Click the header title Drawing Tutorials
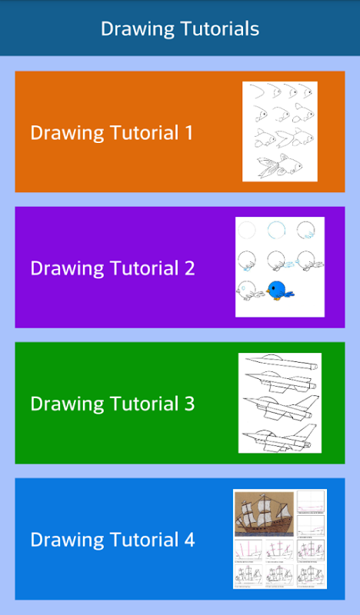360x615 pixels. [180, 28]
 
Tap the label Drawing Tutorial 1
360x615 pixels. [112, 132]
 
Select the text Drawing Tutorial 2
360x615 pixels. [112, 268]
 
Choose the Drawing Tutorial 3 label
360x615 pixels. [112, 404]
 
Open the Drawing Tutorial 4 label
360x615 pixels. [112, 540]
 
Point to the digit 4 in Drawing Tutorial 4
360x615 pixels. [189, 540]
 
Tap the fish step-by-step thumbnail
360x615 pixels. [279, 131]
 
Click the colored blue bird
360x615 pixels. [279, 291]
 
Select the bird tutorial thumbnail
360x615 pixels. [279, 267]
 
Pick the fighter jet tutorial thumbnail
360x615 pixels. [279, 403]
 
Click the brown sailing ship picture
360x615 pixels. [264, 514]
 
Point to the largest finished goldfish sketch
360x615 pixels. [280, 167]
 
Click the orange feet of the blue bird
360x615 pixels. [277, 298]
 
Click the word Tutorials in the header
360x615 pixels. [220, 28]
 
